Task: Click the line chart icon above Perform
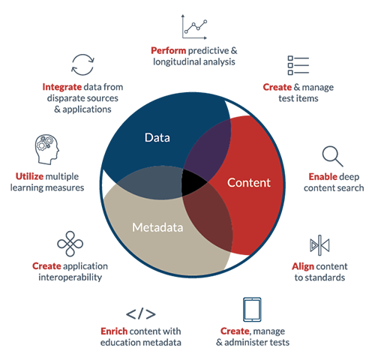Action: click(194, 27)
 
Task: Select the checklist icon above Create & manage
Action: click(298, 65)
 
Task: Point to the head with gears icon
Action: click(46, 149)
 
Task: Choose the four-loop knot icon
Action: click(70, 244)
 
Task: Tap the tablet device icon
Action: click(252, 310)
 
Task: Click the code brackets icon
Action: click(141, 313)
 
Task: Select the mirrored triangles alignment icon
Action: click(319, 245)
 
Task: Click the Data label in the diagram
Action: click(157, 138)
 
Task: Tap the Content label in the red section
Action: click(249, 183)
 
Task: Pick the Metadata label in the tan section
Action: click(157, 227)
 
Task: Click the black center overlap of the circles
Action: click(193, 182)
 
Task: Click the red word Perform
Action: click(168, 51)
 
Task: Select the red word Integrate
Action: click(62, 87)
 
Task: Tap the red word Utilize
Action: click(29, 176)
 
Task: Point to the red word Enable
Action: click(323, 177)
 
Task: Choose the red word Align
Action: click(303, 267)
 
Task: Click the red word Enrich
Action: click(114, 331)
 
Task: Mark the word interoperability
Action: click(70, 277)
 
